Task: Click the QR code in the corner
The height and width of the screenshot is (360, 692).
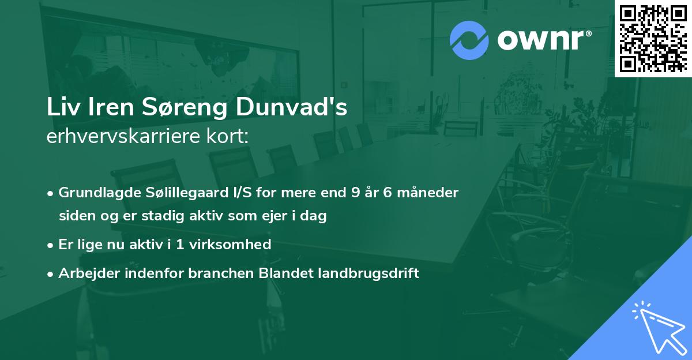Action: pos(653,39)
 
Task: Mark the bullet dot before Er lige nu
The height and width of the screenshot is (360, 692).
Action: pos(51,245)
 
